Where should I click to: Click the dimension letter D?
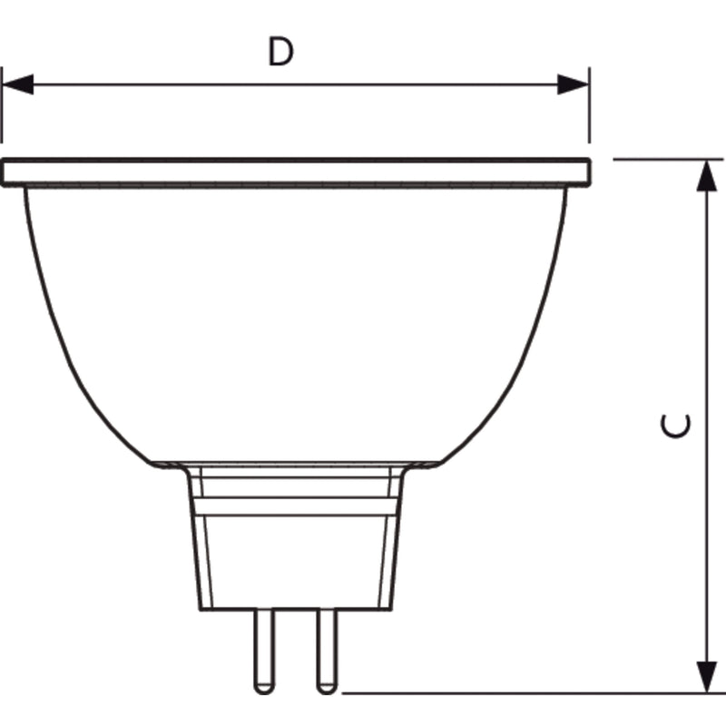[280, 52]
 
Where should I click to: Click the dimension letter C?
[675, 426]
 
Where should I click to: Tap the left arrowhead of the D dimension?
[17, 84]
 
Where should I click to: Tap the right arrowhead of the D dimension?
[573, 84]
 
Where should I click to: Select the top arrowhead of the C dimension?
[707, 175]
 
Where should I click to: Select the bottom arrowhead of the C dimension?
[707, 677]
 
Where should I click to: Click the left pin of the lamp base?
[264, 652]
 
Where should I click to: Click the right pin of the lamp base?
[327, 652]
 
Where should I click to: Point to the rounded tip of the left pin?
[264, 692]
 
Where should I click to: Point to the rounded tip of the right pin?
[327, 692]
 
